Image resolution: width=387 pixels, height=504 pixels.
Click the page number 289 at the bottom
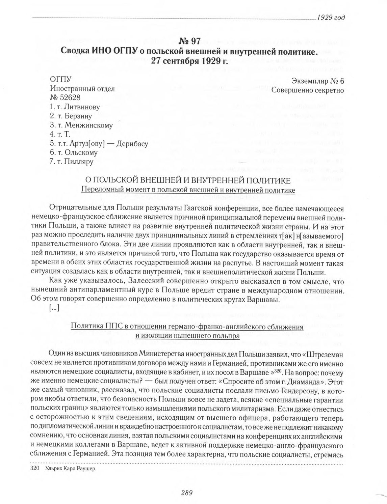(x=186, y=493)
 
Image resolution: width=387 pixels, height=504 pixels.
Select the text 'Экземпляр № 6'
(x=317, y=81)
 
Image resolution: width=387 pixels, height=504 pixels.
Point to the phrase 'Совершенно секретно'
(x=308, y=90)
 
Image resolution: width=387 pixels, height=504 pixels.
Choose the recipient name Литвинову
(x=82, y=107)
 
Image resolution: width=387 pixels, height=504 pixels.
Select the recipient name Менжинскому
(x=88, y=125)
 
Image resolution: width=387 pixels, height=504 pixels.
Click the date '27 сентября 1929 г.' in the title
(x=189, y=61)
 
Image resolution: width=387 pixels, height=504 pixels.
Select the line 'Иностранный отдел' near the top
(x=82, y=89)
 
